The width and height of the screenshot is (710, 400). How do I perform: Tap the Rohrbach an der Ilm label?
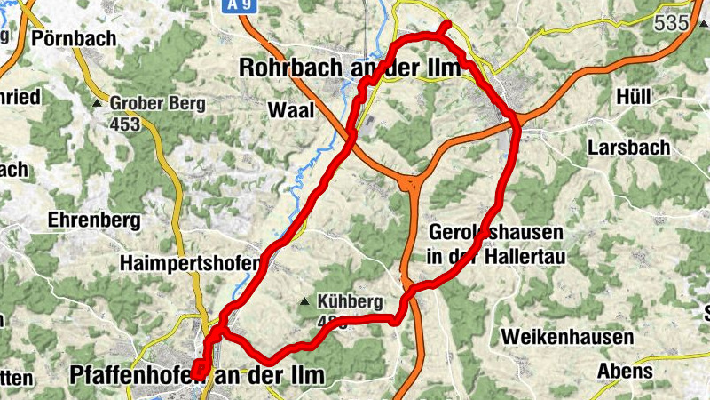pyautogui.click(x=351, y=68)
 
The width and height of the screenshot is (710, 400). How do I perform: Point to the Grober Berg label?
pyautogui.click(x=157, y=103)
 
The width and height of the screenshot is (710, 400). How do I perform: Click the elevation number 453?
pyautogui.click(x=125, y=124)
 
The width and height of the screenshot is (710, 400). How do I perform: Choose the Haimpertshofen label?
pyautogui.click(x=191, y=263)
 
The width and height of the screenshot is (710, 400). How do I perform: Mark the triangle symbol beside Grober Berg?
pyautogui.click(x=97, y=104)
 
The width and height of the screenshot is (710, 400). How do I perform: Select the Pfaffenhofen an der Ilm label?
pyautogui.click(x=196, y=376)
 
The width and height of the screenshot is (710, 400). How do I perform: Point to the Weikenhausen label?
pyautogui.click(x=567, y=338)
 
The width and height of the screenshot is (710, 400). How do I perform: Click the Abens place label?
pyautogui.click(x=626, y=371)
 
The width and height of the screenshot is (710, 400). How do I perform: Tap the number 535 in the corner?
pyautogui.click(x=672, y=23)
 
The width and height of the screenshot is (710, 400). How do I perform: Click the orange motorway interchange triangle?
pyautogui.click(x=412, y=184)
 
